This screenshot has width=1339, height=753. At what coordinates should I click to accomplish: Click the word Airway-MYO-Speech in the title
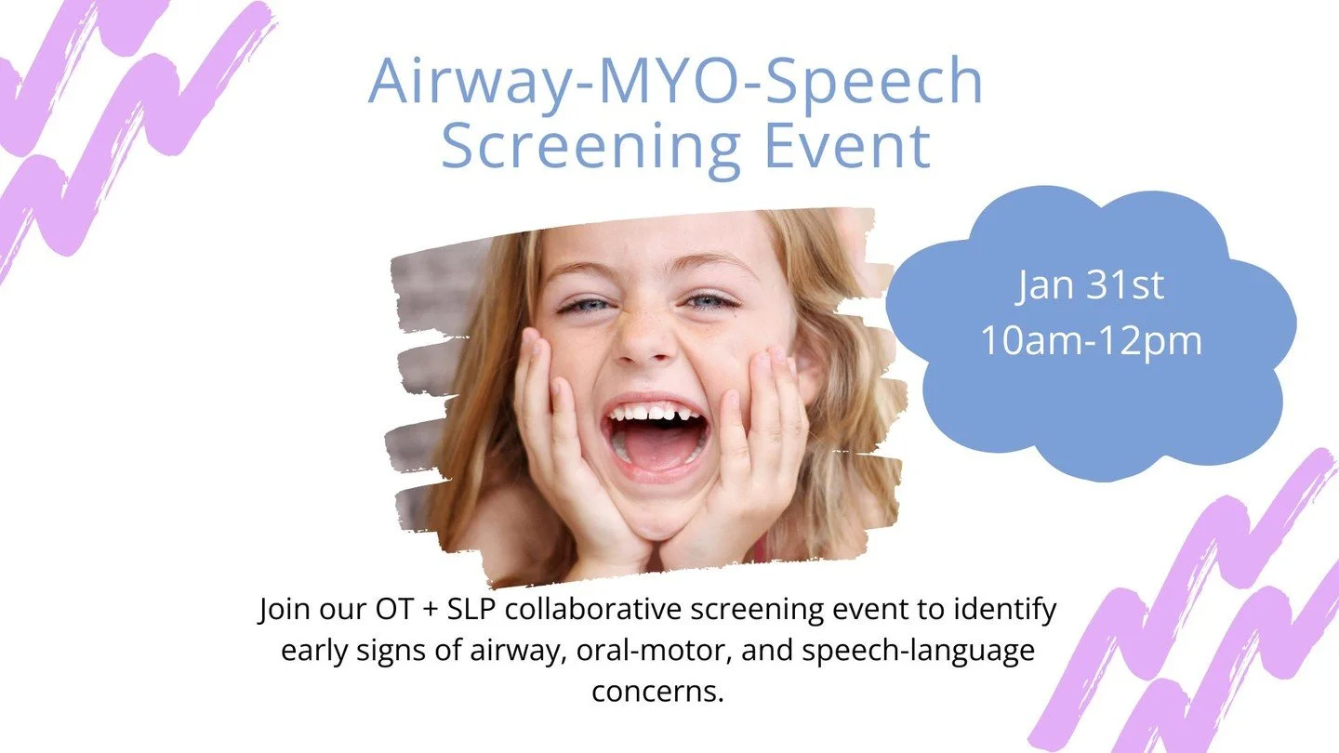click(x=676, y=82)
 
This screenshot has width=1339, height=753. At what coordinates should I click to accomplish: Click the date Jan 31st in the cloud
click(x=1090, y=286)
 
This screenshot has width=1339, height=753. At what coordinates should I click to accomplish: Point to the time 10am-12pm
click(x=1091, y=341)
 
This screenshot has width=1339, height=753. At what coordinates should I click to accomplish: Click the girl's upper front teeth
click(x=654, y=411)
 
